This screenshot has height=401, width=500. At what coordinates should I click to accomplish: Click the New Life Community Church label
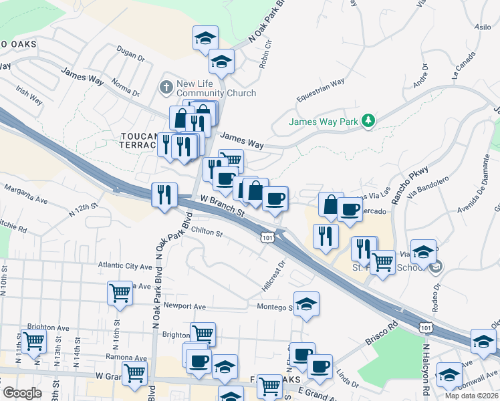(216, 88)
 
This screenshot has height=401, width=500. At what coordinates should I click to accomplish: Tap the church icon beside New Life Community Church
(165, 87)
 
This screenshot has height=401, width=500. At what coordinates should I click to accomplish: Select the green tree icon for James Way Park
(367, 121)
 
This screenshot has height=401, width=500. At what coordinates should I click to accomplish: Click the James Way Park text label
(323, 122)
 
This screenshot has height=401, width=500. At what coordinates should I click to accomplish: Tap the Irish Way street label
(29, 97)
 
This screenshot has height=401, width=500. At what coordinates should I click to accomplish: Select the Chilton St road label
(206, 232)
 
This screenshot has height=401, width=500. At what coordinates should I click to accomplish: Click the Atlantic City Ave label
(125, 265)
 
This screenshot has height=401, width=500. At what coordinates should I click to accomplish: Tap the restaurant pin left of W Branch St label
(164, 194)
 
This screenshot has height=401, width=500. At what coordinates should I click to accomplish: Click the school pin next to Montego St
(306, 303)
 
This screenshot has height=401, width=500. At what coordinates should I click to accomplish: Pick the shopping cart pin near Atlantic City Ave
(120, 293)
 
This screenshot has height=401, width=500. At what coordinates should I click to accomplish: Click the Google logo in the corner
(23, 392)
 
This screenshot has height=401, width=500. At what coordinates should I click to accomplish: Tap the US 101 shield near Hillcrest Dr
(267, 237)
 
